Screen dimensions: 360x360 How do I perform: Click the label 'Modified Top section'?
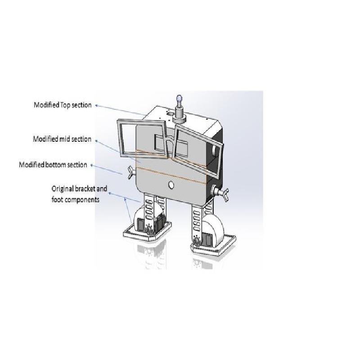[63, 105]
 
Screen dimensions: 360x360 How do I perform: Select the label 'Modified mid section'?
[62, 139]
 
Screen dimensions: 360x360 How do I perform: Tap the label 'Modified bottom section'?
[53, 165]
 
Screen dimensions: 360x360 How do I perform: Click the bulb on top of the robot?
[179, 99]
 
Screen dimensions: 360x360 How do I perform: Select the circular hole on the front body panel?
[171, 185]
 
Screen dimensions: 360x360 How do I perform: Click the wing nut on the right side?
[221, 193]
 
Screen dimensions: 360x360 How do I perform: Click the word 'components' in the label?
[81, 200]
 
